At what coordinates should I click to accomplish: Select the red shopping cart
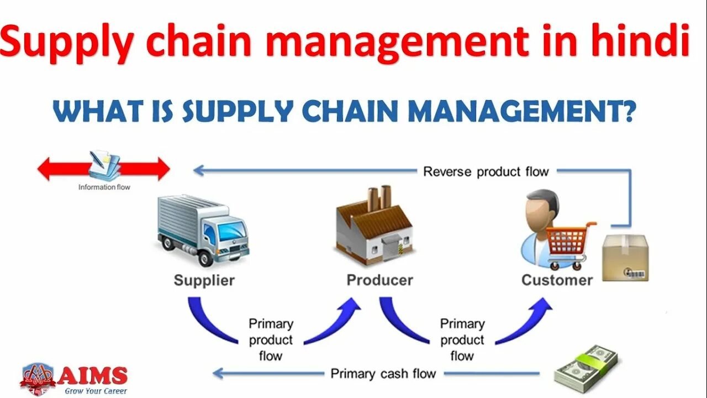(569, 243)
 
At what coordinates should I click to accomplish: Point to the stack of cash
(585, 368)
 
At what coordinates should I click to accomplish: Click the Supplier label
(204, 280)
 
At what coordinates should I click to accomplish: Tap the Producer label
(379, 280)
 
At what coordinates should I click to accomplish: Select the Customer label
(557, 280)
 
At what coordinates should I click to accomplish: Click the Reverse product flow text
(486, 171)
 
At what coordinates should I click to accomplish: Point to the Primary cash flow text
(383, 374)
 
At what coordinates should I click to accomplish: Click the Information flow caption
(104, 187)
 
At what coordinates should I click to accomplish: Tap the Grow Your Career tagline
(95, 391)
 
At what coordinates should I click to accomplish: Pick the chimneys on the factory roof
(379, 197)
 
